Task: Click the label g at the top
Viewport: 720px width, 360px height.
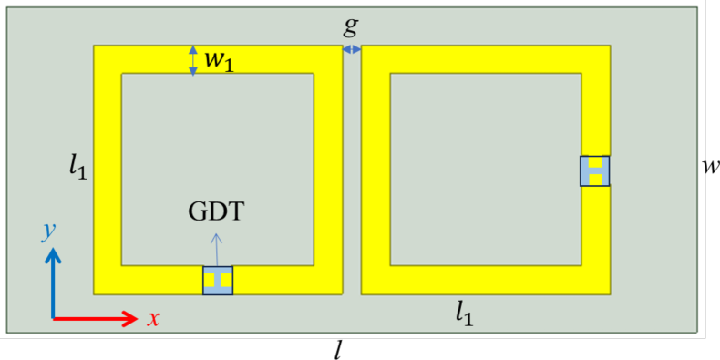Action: (x=351, y=26)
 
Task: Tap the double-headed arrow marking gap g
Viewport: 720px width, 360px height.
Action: (x=352, y=49)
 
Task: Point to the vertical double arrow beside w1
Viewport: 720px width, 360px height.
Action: (x=192, y=60)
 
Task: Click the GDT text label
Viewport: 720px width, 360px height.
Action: (x=216, y=212)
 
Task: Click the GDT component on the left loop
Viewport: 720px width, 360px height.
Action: (x=218, y=281)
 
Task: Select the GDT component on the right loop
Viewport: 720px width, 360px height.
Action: (x=594, y=170)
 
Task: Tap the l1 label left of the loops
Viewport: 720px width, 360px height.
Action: (x=77, y=167)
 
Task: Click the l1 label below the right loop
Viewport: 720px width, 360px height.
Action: (x=468, y=314)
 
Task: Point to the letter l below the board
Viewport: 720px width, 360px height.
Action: (x=337, y=348)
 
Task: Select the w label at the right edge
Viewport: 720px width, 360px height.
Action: (x=710, y=166)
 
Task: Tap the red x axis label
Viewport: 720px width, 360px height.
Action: (x=154, y=318)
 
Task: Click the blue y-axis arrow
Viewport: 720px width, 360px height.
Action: (x=54, y=283)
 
